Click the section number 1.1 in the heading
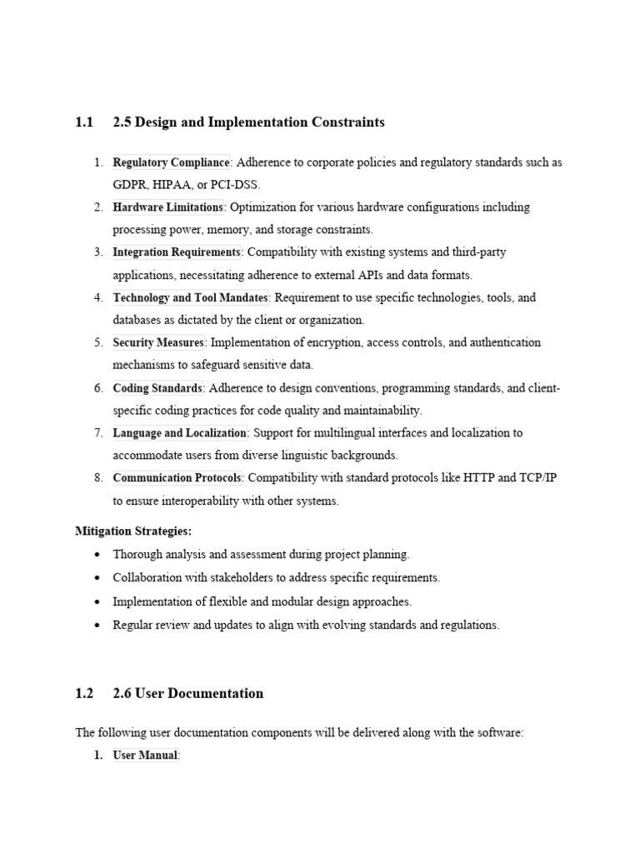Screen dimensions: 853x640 point(83,122)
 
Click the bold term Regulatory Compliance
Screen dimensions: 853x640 point(171,162)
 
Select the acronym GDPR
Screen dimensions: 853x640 point(131,185)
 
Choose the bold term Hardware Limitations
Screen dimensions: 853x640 point(168,207)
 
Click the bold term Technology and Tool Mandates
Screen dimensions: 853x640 point(191,297)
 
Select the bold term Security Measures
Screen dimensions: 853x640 point(158,342)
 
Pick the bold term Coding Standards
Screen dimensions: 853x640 point(157,388)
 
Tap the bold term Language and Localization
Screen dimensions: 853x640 point(180,433)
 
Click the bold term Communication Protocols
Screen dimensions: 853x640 point(177,478)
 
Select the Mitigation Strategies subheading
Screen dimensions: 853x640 point(133,531)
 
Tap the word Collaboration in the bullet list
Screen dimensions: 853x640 point(149,577)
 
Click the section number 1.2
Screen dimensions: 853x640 point(83,693)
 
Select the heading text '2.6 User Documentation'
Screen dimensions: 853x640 point(188,693)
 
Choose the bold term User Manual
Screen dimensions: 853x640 point(145,756)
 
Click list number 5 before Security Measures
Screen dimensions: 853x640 point(97,342)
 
